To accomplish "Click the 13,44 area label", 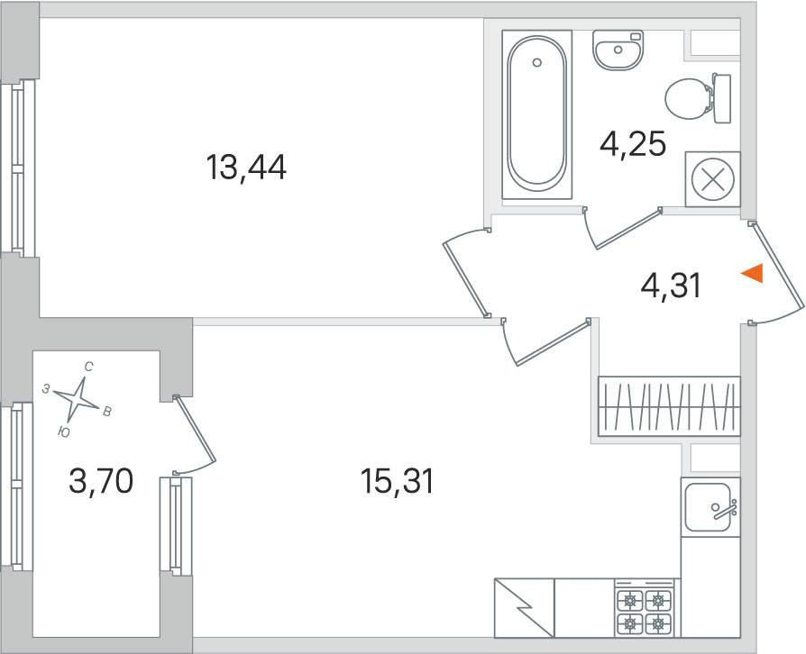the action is (x=246, y=168).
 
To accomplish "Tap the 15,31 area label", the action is (x=397, y=481).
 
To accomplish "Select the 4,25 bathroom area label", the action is (x=633, y=144).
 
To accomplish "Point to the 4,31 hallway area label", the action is (x=670, y=286).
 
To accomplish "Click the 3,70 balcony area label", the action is (x=101, y=481).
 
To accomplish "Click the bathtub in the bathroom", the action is (x=536, y=114).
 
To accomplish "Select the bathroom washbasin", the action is (x=618, y=50).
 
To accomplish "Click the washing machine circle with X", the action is (x=712, y=179).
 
